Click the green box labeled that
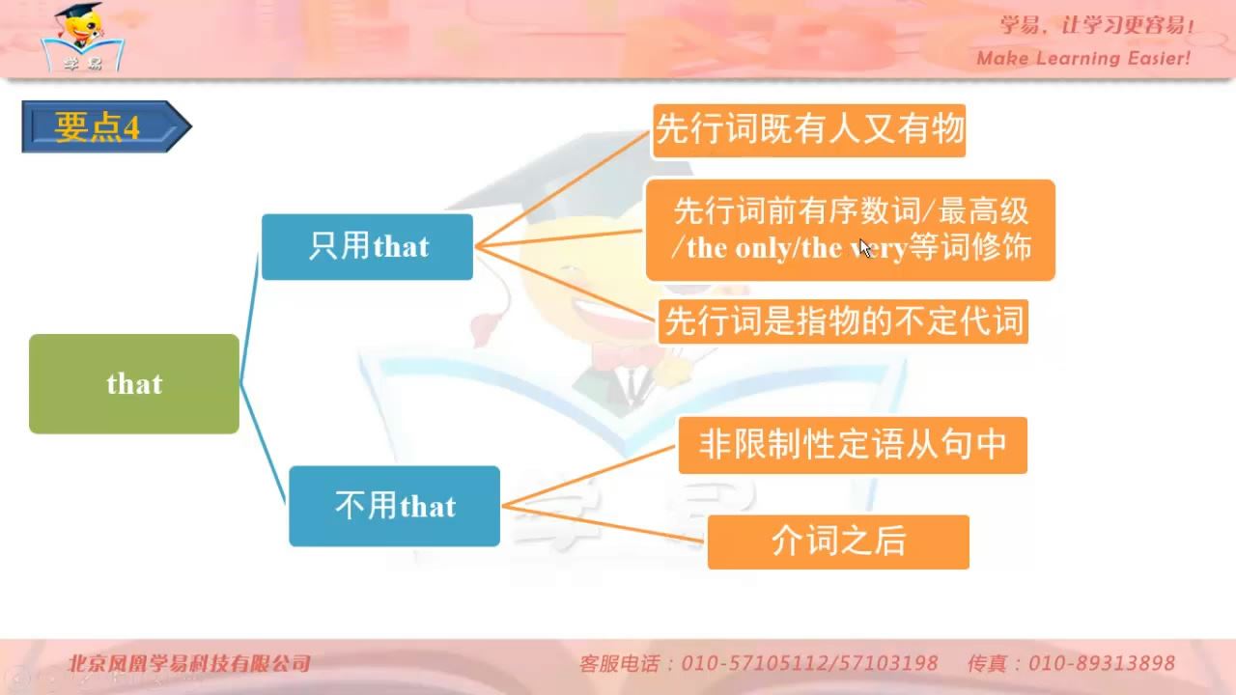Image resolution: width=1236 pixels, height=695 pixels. [x=134, y=384]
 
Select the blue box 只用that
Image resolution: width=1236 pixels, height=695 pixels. [x=367, y=246]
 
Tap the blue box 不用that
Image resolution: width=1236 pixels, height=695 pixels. [x=395, y=507]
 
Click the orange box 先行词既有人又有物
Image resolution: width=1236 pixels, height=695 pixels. [x=809, y=130]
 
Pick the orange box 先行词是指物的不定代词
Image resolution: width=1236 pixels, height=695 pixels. [x=843, y=321]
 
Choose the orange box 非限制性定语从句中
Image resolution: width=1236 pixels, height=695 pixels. [x=853, y=445]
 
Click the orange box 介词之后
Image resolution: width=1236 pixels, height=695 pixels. [x=838, y=542]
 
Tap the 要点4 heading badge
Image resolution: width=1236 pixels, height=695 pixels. [x=106, y=126]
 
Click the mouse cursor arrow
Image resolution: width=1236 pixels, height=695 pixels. [x=864, y=248]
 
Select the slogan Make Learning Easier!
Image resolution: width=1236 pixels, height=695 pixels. [x=1083, y=59]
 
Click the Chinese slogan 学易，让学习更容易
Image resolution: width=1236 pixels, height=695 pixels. [x=1095, y=25]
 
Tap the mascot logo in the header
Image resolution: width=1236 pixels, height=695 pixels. [x=83, y=38]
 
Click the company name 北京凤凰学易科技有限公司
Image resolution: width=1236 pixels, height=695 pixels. [x=188, y=663]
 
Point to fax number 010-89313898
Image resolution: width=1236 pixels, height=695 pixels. [x=1102, y=663]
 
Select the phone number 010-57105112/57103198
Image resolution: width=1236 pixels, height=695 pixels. [x=809, y=663]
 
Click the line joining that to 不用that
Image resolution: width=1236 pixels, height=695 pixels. [x=264, y=442]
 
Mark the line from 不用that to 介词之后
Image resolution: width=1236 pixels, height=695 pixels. [x=604, y=524]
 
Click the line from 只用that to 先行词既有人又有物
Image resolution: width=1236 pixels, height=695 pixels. [x=562, y=188]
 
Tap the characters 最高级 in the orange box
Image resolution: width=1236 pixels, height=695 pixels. [x=983, y=211]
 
